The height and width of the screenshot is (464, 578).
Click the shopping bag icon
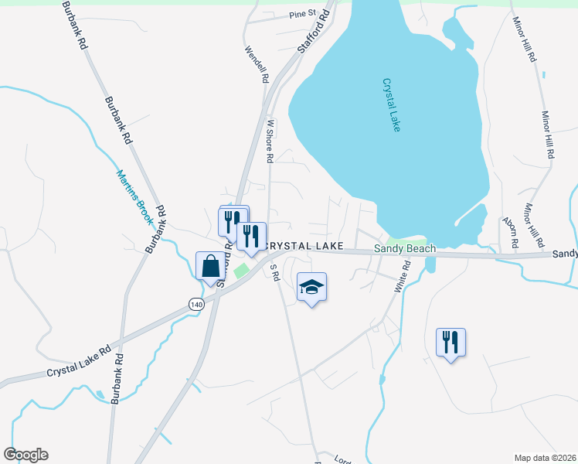click(x=210, y=266)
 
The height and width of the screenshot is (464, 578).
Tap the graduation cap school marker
click(x=311, y=287)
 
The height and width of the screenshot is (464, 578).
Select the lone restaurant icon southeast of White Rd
click(x=450, y=341)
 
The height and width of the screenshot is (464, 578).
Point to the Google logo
click(x=25, y=455)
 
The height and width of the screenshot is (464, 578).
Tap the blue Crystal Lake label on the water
click(x=392, y=104)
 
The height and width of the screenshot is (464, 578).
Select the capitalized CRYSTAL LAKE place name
click(x=304, y=245)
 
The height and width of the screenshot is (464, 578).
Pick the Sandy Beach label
click(x=405, y=248)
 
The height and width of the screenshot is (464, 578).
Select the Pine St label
click(x=303, y=14)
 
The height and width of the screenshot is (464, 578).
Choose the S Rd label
click(x=273, y=273)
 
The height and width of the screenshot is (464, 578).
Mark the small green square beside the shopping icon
click(x=240, y=271)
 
